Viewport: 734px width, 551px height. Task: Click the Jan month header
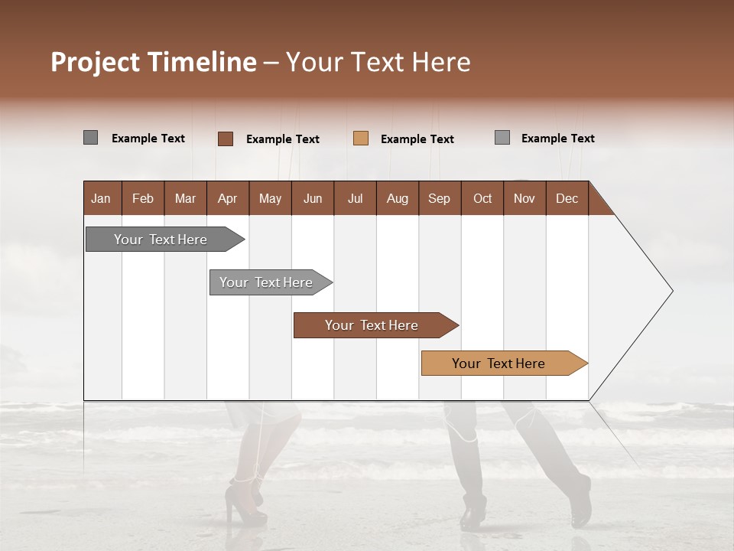tap(102, 198)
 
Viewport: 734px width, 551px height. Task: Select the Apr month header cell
tap(228, 198)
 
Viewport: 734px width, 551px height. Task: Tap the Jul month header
tap(355, 198)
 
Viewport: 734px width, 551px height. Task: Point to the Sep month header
tap(439, 198)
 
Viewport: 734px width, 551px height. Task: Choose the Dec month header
tap(567, 198)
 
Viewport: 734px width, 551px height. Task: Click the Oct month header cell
tap(482, 198)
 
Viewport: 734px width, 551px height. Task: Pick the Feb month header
tap(143, 198)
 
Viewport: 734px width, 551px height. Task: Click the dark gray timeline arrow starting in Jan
tap(161, 240)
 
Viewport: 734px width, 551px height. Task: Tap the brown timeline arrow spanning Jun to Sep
tap(372, 325)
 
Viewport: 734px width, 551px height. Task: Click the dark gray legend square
tap(91, 138)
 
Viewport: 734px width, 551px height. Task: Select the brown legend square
tap(226, 139)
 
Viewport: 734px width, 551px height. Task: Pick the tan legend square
tap(361, 139)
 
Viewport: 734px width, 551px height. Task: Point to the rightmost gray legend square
tap(502, 138)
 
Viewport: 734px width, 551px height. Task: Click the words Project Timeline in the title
tap(154, 62)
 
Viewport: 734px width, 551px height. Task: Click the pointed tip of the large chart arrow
tap(671, 291)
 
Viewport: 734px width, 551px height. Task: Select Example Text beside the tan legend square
tap(417, 139)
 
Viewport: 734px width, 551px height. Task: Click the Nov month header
tap(525, 198)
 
